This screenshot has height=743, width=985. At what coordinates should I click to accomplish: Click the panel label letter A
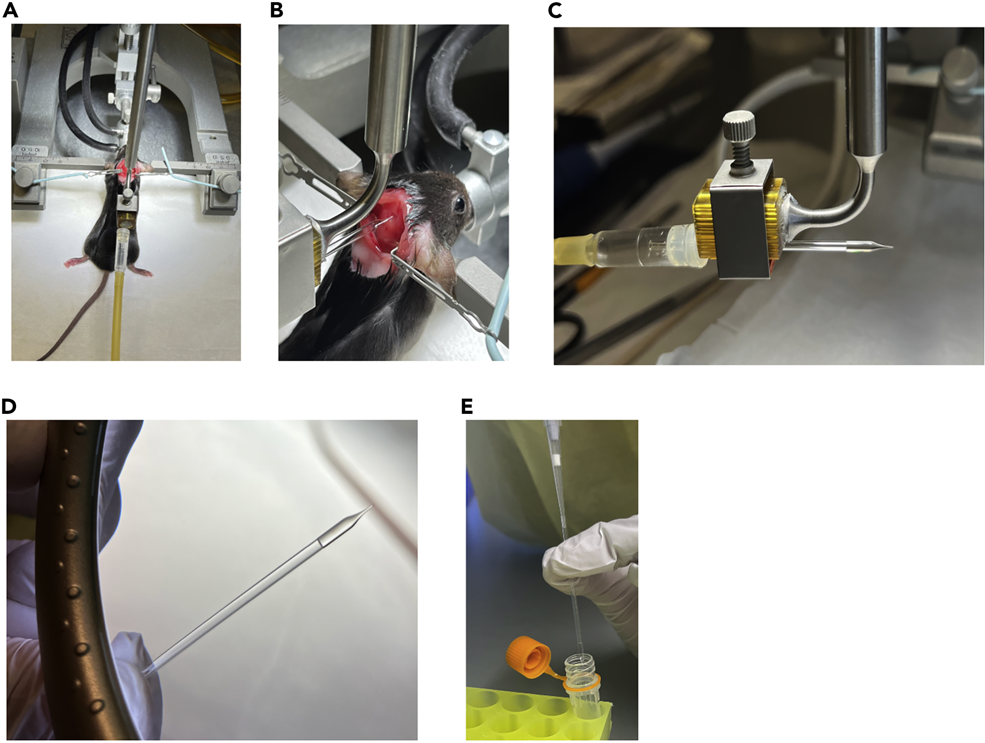(x=10, y=10)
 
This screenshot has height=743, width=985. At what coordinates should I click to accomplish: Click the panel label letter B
(x=277, y=10)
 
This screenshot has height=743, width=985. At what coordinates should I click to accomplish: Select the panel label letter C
(x=555, y=10)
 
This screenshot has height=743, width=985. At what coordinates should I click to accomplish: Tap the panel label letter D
(x=9, y=406)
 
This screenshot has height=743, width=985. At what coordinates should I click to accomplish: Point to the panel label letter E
(x=467, y=406)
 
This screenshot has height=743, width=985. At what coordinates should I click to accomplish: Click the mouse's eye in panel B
(x=459, y=204)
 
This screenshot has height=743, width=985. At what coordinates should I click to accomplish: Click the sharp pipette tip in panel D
(x=370, y=507)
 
